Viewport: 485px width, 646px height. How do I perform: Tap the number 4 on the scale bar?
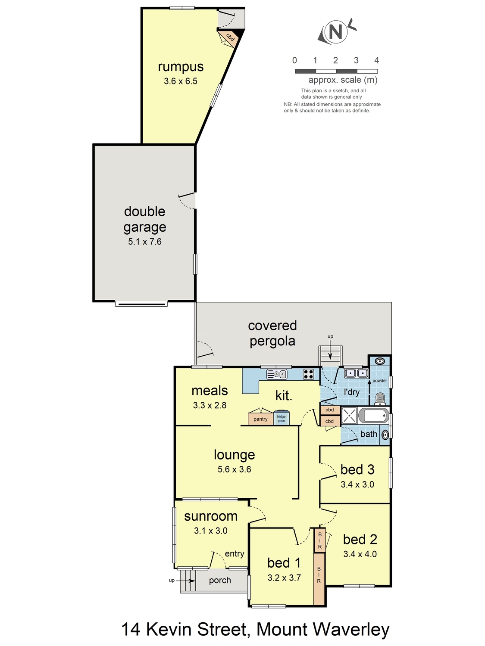[x=376, y=60]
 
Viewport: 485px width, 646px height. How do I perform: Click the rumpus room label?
[x=181, y=67]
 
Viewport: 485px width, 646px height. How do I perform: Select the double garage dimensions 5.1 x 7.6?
[x=144, y=242]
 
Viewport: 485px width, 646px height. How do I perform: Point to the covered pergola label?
[x=272, y=333]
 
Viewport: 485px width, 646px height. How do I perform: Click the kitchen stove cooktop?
[x=308, y=374]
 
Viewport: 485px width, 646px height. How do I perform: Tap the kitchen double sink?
[x=276, y=374]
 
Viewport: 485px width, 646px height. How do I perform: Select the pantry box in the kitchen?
[x=260, y=419]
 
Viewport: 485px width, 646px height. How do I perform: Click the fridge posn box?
[x=281, y=418]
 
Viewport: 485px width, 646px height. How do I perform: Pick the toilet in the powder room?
[x=380, y=398]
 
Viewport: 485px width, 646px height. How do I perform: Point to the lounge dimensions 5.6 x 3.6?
[x=234, y=469]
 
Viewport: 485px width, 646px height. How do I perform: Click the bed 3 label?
[x=357, y=470]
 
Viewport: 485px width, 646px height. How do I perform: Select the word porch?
[x=220, y=581]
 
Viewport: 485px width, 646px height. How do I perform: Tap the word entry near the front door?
[x=235, y=553]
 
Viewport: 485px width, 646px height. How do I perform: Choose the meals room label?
[x=210, y=391]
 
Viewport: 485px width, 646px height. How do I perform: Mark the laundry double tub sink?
[x=357, y=373]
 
